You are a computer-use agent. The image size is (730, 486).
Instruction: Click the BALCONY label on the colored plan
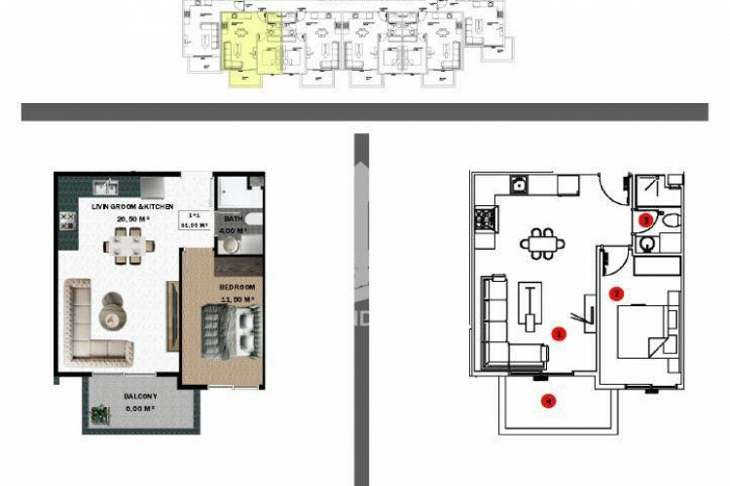pos(140,398)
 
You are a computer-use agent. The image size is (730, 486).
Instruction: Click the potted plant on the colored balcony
pos(98,414)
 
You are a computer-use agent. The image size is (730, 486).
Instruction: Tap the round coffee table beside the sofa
pos(113,310)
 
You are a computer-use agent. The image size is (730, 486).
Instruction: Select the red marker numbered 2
pos(615,293)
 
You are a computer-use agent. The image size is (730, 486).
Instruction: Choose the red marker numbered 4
pos(550,399)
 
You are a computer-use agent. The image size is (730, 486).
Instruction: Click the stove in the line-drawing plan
pos(484,221)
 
